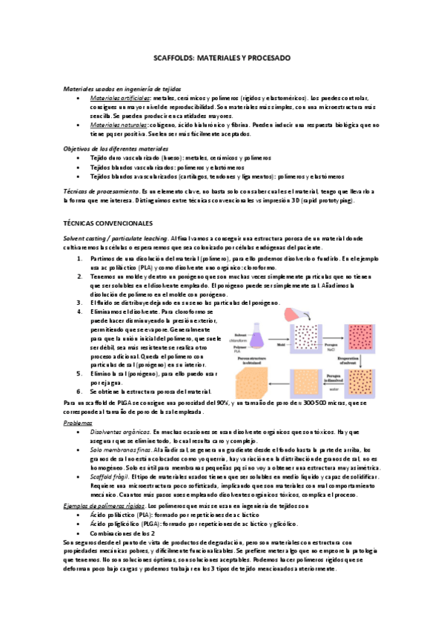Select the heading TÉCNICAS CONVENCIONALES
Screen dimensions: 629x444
[110, 223]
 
